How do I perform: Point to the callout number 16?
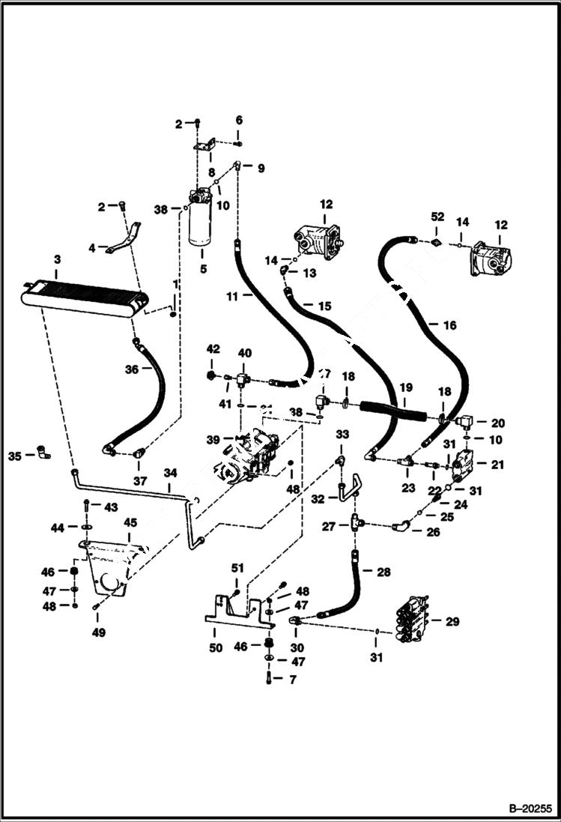coord(449,325)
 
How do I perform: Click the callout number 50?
coord(215,647)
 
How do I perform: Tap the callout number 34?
coord(171,473)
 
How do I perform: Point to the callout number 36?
coord(131,369)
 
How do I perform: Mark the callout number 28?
coord(383,572)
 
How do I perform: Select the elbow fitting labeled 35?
coord(40,453)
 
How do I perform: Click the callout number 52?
coord(437,217)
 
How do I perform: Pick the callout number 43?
coord(111,507)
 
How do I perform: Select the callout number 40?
coord(244,353)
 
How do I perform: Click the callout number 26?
coord(433,533)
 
